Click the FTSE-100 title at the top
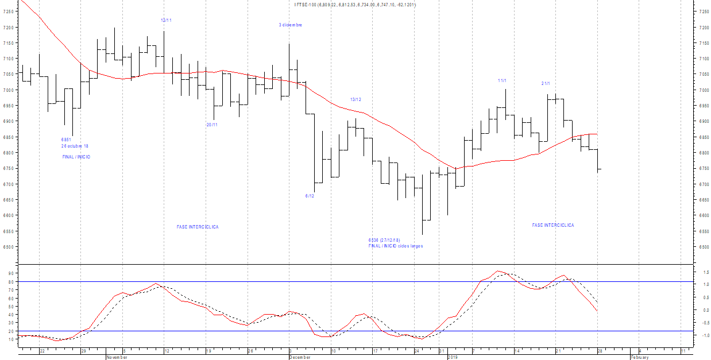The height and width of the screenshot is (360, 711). click(x=355, y=5)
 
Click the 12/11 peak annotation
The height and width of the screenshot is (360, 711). click(x=166, y=20)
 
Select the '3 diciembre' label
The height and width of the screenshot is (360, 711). click(x=291, y=25)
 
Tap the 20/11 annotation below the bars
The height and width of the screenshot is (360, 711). click(x=212, y=125)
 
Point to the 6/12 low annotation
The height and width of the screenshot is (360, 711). click(x=310, y=196)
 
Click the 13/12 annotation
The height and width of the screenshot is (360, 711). click(x=356, y=99)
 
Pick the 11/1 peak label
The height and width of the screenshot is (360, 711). click(x=503, y=80)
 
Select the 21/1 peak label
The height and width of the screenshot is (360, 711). click(x=546, y=83)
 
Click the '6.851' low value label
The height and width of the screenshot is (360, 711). click(x=66, y=140)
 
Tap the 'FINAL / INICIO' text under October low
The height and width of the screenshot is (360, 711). click(x=76, y=157)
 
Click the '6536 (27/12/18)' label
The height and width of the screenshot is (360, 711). click(x=384, y=240)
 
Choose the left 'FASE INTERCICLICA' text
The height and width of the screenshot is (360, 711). click(x=198, y=227)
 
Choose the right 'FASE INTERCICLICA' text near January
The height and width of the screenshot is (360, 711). click(x=553, y=225)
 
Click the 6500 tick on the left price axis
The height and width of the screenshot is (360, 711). click(x=7, y=247)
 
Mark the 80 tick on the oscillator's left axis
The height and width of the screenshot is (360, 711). click(x=10, y=282)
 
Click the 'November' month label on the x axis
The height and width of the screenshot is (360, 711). click(x=117, y=357)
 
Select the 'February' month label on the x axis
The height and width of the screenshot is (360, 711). click(x=639, y=357)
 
